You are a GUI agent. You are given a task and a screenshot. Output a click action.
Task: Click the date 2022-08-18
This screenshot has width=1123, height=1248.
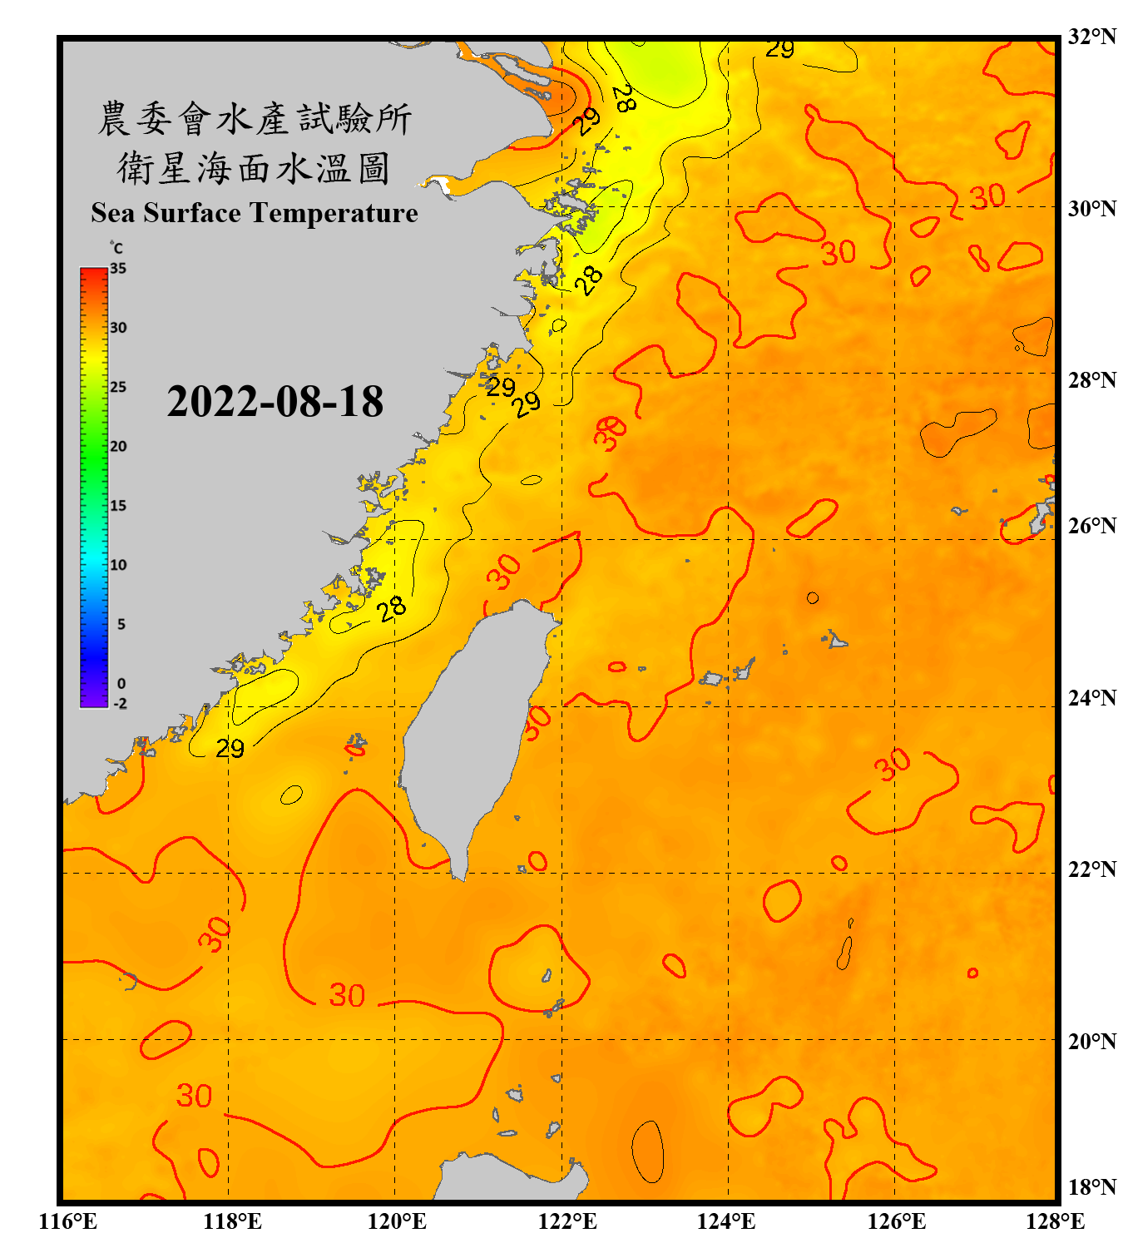275,402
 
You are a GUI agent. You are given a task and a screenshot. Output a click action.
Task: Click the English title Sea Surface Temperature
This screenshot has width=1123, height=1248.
255,213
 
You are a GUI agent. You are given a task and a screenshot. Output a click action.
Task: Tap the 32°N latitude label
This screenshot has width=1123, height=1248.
1091,37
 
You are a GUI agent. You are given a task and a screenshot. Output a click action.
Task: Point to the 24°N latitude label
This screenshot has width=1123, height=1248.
1091,697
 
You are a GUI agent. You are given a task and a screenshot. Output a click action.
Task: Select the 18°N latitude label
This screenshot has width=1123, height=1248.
1091,1186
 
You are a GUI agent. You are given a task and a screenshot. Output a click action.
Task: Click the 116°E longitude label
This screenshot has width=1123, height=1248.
67,1221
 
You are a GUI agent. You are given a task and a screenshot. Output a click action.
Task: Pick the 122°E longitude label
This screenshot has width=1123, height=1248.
567,1221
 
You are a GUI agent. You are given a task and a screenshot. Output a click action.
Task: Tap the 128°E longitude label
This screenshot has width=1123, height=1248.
1055,1221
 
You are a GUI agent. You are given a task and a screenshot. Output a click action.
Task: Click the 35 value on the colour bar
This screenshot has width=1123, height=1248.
118,269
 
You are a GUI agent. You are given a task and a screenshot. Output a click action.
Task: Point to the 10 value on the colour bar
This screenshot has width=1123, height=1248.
118,565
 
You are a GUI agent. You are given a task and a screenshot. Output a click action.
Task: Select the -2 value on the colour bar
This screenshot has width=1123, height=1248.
120,703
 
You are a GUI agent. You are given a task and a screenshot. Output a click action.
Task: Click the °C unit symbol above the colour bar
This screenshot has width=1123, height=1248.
116,248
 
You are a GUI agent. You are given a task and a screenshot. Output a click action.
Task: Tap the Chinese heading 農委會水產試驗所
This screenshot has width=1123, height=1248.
255,119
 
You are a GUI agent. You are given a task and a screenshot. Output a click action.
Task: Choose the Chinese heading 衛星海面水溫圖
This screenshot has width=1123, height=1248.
255,168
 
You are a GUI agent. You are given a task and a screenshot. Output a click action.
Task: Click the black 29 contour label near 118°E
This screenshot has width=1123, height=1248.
230,749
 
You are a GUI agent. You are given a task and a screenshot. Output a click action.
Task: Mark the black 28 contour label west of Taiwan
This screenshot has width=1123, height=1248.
391,609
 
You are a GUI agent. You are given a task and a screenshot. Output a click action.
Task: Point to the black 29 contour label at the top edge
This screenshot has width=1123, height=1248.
779,50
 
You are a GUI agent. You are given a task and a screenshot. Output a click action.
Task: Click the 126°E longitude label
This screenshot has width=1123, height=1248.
896,1221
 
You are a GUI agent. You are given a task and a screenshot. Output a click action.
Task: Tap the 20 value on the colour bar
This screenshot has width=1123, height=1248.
118,446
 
